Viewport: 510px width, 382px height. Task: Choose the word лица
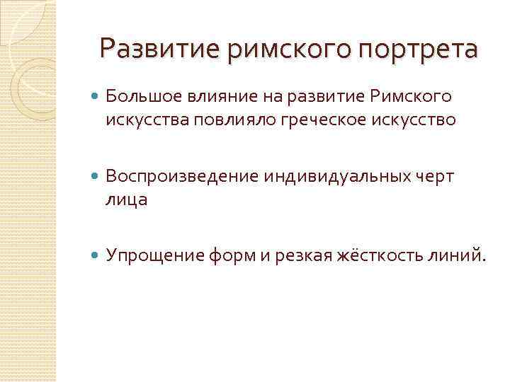point(127,199)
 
